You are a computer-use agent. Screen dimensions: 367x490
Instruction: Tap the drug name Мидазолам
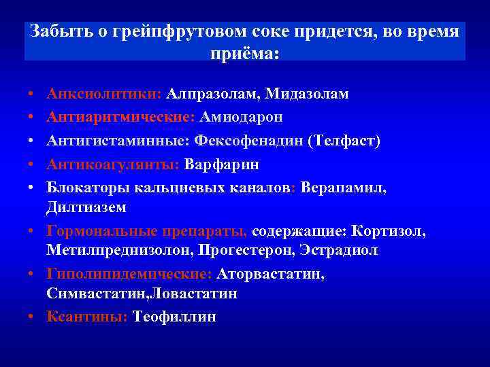pos(307,94)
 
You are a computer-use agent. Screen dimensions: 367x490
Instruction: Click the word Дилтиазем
pos(87,207)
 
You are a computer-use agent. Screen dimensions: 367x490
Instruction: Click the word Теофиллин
pos(174,317)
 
